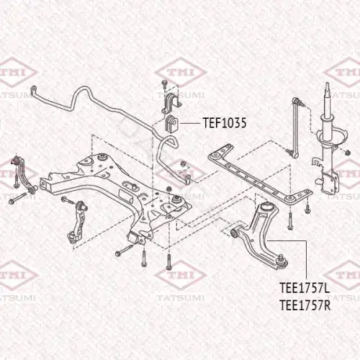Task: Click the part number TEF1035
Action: tap(225, 123)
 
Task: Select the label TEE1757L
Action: tap(305, 288)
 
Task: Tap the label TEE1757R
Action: tap(305, 305)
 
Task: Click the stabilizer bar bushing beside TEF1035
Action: tap(172, 124)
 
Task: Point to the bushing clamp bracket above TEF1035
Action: tap(171, 102)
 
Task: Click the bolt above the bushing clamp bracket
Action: tap(165, 84)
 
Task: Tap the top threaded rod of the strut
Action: tap(327, 90)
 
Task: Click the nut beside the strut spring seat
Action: tap(348, 153)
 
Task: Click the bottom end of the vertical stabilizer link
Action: tap(294, 153)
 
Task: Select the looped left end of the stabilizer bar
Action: tap(34, 91)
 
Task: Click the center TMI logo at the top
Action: tap(181, 72)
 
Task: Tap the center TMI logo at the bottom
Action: tap(181, 275)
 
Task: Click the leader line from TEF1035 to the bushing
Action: tap(190, 123)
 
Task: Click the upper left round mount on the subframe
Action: tap(103, 157)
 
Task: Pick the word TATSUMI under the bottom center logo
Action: tap(181, 298)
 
